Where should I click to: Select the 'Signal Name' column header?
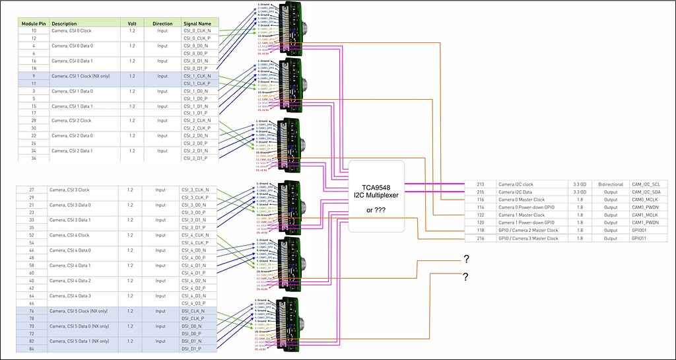coord(196,23)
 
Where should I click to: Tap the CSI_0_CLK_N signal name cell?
coord(196,30)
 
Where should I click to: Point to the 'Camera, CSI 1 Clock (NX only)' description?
coord(83,75)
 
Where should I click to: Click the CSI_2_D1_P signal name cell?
coord(196,158)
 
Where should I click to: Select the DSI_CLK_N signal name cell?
coord(193,310)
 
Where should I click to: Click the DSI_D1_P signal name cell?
coord(193,347)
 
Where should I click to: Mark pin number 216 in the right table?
coord(480,238)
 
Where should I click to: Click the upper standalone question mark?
coord(466,258)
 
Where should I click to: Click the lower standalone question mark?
coord(466,275)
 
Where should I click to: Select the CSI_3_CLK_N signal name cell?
coord(196,190)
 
